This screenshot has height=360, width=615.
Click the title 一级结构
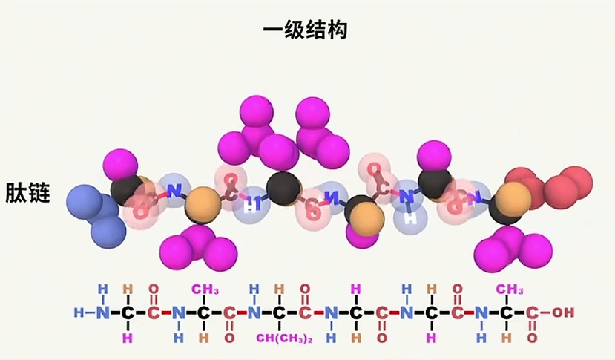[306, 30]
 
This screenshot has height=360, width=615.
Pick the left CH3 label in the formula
[202, 289]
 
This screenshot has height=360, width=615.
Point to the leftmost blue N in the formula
[102, 312]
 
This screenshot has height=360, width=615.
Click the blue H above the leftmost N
[102, 289]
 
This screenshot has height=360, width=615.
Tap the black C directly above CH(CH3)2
[280, 312]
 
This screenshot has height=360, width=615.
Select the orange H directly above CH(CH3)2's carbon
[280, 289]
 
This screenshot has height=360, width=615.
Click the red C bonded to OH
[533, 312]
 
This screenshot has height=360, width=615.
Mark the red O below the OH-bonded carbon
[533, 338]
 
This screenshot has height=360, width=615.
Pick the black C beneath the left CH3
[202, 312]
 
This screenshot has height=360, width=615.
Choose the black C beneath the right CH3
[507, 312]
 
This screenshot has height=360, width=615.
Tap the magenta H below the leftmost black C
[128, 338]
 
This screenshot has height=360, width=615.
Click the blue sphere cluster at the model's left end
[96, 211]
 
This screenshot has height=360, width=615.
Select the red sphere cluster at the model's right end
[553, 186]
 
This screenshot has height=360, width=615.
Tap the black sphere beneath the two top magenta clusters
[283, 189]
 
